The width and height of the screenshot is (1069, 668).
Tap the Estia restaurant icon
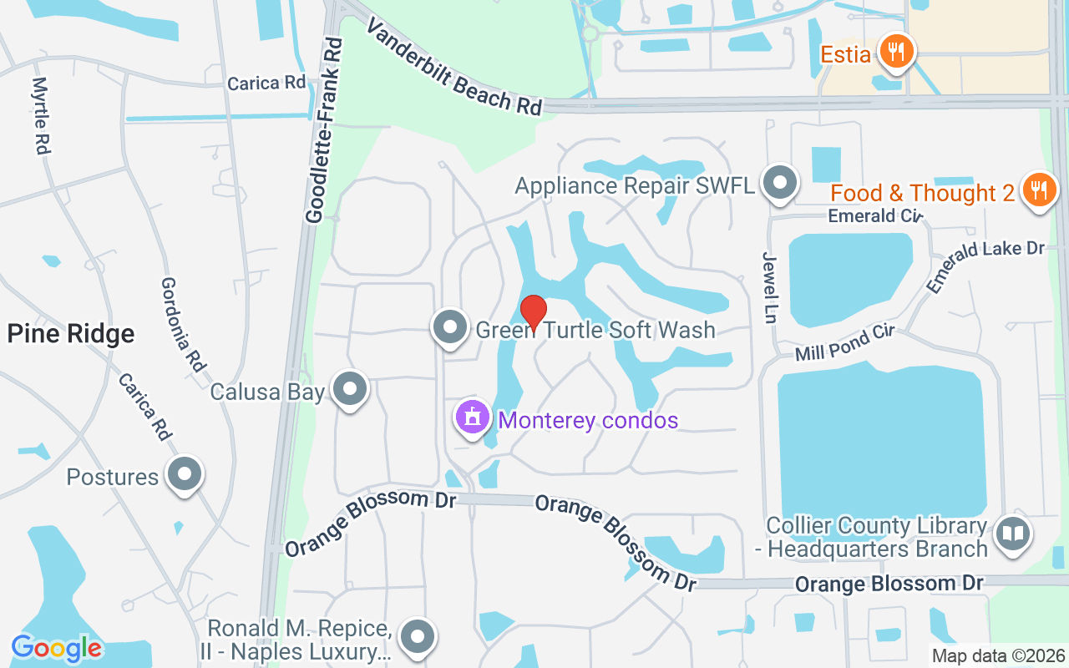(897, 52)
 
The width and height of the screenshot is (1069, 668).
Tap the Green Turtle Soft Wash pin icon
(451, 327)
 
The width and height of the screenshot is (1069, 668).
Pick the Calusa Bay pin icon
(350, 389)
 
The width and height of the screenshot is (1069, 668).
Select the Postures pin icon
(185, 474)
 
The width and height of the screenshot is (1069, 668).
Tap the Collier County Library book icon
(1013, 532)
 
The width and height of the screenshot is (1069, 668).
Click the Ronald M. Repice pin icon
(416, 637)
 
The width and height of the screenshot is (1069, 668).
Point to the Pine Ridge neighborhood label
(71, 334)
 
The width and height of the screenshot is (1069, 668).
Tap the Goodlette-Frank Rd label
(324, 130)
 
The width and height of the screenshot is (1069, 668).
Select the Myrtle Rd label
(40, 115)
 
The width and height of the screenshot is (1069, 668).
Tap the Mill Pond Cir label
(844, 343)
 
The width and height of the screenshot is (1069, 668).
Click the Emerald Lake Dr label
(985, 266)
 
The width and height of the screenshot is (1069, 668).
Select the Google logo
(57, 648)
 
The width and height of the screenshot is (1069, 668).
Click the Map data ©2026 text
(999, 655)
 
